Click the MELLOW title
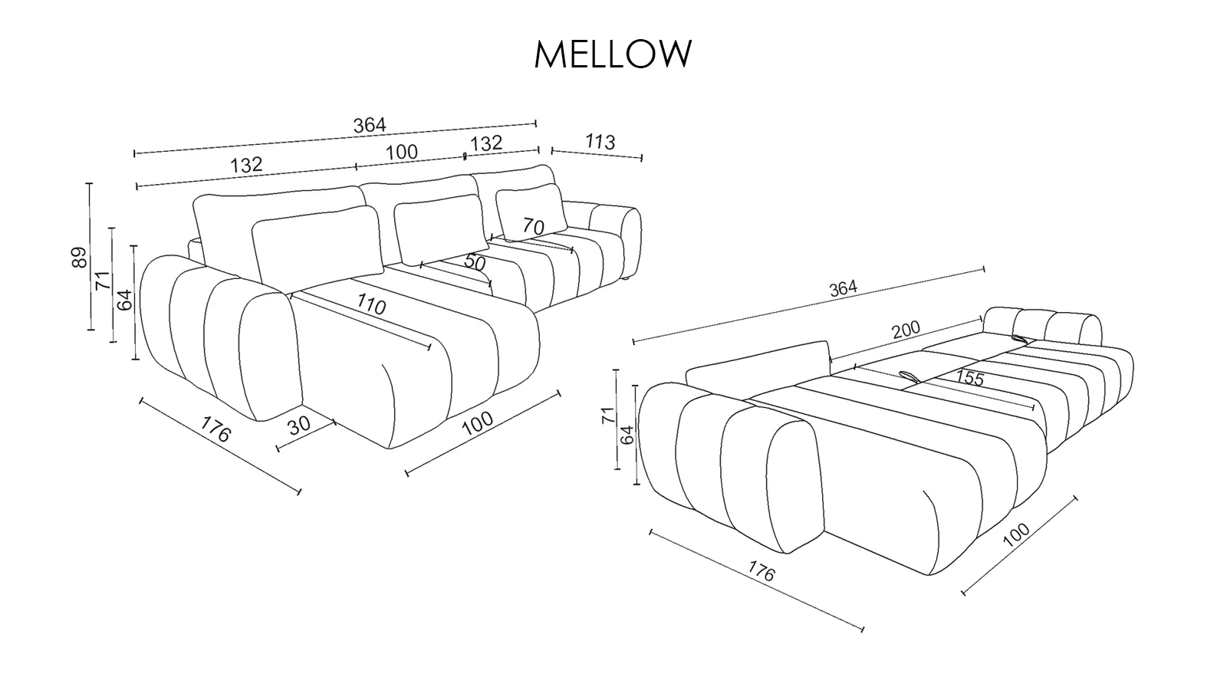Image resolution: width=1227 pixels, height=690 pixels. click(x=613, y=54)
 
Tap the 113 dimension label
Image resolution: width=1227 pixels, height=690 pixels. click(x=600, y=142)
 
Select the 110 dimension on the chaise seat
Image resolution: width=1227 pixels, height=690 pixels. click(x=371, y=305)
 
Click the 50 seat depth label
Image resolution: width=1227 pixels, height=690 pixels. click(x=475, y=262)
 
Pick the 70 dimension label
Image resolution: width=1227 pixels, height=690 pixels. click(x=533, y=226)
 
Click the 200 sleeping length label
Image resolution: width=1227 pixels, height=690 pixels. click(x=906, y=330)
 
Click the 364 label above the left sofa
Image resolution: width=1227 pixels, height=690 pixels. click(x=370, y=125)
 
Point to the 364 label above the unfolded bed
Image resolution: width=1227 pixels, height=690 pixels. click(x=843, y=288)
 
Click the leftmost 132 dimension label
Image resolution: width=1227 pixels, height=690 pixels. click(x=246, y=164)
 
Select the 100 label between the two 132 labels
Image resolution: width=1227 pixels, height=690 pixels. click(x=402, y=152)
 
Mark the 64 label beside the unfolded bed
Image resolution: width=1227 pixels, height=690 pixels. click(x=627, y=435)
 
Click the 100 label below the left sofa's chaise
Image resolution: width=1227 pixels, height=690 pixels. click(x=478, y=424)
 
